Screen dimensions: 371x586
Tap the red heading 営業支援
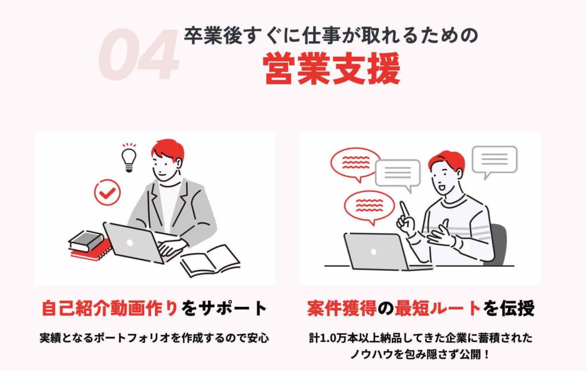point(331,70)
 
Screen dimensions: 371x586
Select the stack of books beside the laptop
point(86,244)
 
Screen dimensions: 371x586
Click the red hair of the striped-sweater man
point(446,161)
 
